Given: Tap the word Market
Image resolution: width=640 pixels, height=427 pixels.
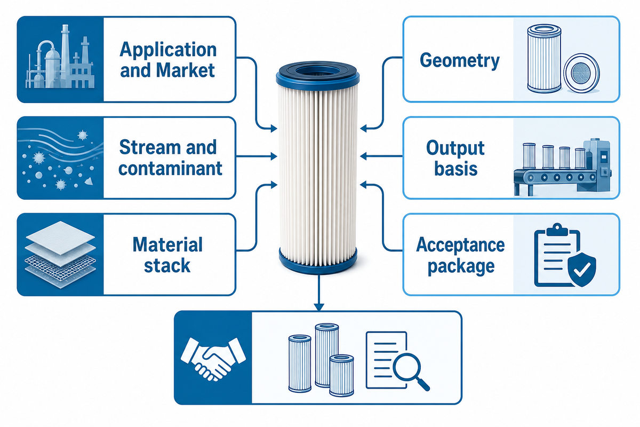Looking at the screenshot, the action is (186, 70).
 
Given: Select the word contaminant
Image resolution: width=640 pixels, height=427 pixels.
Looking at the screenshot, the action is (170, 169).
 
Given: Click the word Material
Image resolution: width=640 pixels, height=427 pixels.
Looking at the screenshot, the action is (167, 245).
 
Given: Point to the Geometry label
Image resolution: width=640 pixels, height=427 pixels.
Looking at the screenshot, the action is (460, 61).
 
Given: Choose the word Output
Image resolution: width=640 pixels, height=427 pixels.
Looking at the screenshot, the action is (455, 149).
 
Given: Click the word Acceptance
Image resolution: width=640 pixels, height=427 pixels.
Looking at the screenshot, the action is (461, 245).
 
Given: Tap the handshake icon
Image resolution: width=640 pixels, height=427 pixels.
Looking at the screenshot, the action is (213, 359).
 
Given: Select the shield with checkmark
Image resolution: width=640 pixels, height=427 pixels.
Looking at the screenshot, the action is (582, 269).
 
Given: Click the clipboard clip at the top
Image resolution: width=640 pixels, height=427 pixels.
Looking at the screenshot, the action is (557, 230).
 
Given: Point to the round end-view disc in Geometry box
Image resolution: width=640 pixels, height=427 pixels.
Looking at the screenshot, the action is (581, 73).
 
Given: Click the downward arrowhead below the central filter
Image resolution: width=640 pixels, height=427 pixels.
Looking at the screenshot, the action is (318, 306).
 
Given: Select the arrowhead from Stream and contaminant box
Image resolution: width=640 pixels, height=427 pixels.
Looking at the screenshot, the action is (274, 156).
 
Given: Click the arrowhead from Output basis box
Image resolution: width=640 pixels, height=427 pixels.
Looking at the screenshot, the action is (363, 156).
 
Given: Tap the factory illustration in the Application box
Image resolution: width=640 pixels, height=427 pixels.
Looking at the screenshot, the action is (60, 57).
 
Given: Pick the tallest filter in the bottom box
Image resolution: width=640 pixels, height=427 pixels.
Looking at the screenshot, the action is (327, 355).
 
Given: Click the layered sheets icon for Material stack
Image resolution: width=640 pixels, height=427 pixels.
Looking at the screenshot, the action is (60, 254).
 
